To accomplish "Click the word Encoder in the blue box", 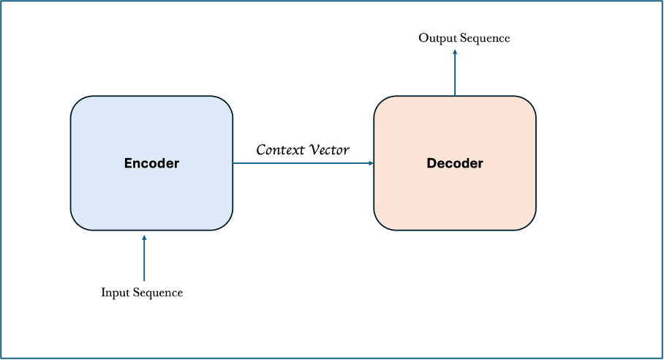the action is coord(151,163).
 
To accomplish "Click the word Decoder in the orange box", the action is coord(455,163).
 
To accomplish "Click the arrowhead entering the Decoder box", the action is coord(371,163).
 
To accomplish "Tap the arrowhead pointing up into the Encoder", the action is coord(144,238).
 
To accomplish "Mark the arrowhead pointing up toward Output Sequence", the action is coord(455,53).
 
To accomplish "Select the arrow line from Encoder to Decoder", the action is coord(303,163).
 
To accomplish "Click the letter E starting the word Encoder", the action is coord(128,163).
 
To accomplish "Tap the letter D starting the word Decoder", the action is coord(431,163).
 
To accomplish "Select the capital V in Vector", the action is coord(315,149).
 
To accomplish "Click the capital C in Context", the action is coord(261,150).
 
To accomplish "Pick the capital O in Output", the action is coord(423,38).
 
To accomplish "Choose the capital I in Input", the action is coord(104,292).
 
